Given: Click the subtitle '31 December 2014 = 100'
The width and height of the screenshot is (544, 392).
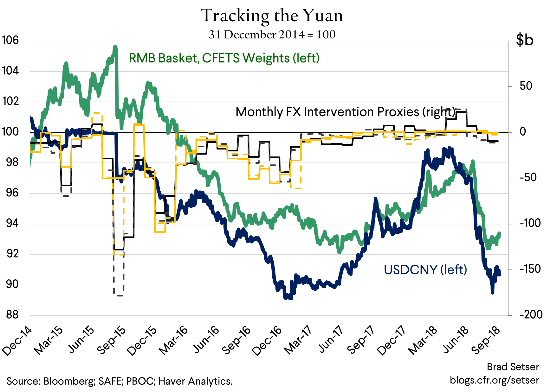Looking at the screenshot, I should tap(272, 34).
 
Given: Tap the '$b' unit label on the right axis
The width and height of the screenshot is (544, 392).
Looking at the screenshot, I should tap(525, 40).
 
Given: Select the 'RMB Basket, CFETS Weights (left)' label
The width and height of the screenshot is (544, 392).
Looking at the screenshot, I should tap(224, 58).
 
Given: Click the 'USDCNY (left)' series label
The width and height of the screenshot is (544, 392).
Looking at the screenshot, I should tap(425, 270).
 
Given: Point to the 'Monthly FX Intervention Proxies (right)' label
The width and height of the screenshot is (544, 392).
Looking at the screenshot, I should tap(345, 112).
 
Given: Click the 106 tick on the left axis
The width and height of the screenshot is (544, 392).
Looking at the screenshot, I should tap(10, 40).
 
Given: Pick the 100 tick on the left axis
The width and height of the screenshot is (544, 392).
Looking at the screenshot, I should tap(10, 131).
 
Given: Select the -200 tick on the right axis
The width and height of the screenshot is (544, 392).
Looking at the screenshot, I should tap(530, 315).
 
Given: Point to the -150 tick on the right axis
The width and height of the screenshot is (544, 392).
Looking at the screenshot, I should tap(530, 269).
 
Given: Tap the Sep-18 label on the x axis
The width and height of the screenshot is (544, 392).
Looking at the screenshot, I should tap(486, 340).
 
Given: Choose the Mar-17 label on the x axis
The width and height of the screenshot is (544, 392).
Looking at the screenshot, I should tap(298, 340).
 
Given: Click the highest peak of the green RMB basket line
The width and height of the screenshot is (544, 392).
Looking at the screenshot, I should tap(115, 47).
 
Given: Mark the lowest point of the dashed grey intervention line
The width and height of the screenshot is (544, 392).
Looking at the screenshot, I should tap(119, 295).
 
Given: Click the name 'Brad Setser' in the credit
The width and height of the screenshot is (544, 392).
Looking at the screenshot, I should tap(513, 367).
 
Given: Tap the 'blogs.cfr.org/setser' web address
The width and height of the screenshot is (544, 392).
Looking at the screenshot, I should tap(494, 380).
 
